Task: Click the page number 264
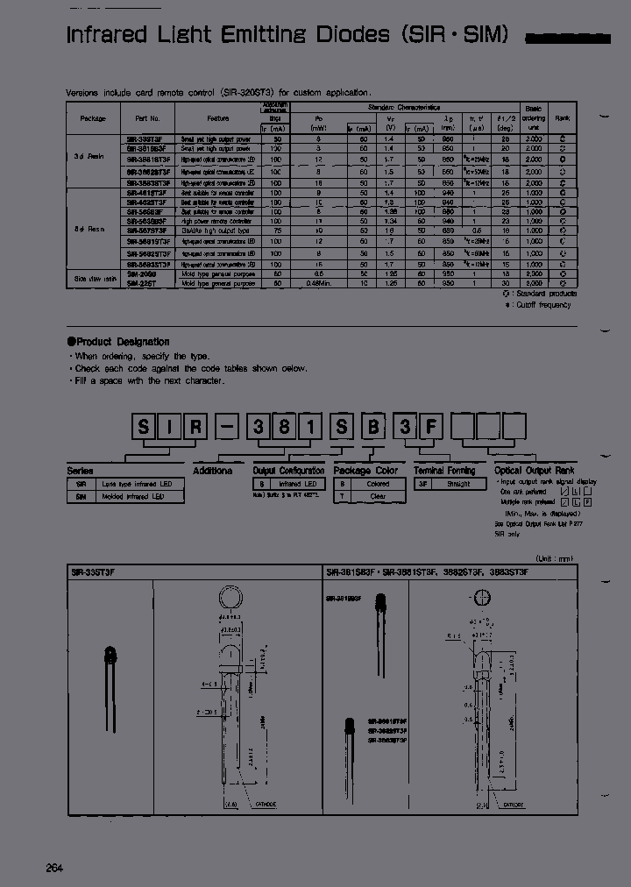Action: tap(54, 868)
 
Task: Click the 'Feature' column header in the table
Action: tap(217, 118)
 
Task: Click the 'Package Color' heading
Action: tap(365, 471)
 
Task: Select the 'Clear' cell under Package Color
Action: tap(378, 495)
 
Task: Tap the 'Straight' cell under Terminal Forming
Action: tap(458, 484)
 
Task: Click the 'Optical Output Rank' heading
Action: tap(535, 471)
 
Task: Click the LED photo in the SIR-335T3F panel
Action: tap(110, 656)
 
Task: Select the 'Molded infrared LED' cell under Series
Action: tap(136, 496)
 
